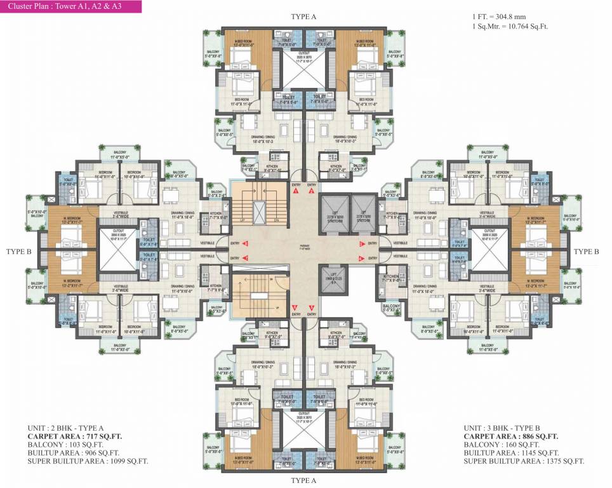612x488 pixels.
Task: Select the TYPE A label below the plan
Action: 303,481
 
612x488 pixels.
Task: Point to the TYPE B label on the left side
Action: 18,252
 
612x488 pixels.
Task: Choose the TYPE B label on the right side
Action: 586,252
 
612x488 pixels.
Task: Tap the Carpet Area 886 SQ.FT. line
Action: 511,437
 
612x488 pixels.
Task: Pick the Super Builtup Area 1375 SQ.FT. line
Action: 524,461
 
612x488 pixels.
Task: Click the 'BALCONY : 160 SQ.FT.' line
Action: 502,445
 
